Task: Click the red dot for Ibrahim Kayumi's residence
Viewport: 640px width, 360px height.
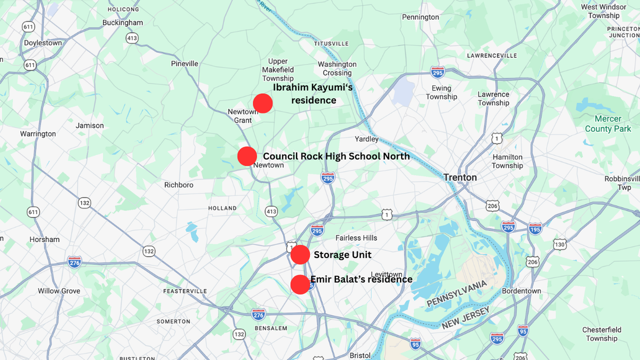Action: point(263,103)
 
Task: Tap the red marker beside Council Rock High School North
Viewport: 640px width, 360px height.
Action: point(247,156)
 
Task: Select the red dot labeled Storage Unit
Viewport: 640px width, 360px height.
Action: point(300,255)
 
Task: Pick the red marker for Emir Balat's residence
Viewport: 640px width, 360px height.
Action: point(300,284)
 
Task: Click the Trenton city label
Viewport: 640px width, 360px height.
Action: point(460,178)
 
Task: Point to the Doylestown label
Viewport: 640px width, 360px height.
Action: point(43,43)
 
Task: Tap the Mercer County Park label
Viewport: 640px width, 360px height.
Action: point(607,124)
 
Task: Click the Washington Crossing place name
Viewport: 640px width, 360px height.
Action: point(337,69)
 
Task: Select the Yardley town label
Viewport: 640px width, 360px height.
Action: point(366,139)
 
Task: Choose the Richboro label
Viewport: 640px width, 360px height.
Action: point(179,185)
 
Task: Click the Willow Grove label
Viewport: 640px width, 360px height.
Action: point(59,291)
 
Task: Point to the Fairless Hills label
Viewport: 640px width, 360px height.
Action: point(356,238)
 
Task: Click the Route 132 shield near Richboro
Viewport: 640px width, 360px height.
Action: point(84,203)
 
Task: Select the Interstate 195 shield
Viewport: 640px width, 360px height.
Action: point(535,229)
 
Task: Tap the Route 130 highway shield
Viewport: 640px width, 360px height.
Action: point(559,244)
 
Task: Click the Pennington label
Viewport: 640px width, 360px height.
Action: point(420,17)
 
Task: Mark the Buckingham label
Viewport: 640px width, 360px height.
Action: point(123,23)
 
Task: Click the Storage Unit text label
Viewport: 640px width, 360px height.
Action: point(342,255)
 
